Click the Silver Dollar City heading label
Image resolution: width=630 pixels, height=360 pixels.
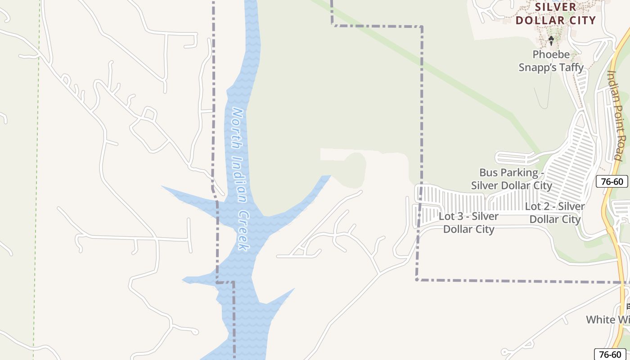coord(556,13)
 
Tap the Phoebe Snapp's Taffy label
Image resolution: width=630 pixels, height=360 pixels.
coord(551,61)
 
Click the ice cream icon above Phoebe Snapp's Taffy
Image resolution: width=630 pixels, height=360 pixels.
coord(551,41)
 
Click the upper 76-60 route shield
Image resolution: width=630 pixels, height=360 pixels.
coord(612,182)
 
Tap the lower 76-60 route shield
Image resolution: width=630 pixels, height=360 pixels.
coord(610,354)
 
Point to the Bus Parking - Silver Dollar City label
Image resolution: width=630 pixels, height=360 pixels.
coord(512,179)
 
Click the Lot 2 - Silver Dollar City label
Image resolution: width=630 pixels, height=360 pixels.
coord(555,213)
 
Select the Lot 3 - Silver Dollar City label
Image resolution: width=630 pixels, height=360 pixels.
coord(469,223)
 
